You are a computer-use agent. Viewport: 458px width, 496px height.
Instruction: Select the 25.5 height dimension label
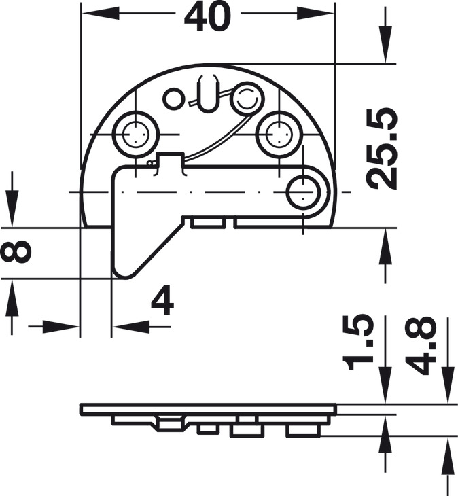pyautogui.click(x=381, y=149)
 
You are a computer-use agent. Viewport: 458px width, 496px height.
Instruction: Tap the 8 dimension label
pyautogui.click(x=16, y=252)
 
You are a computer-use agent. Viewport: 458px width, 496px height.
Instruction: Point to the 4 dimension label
pyautogui.click(x=162, y=300)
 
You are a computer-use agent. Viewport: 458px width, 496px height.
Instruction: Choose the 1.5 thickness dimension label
pyautogui.click(x=360, y=342)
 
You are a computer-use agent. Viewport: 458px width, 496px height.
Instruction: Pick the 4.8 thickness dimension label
pyautogui.click(x=421, y=345)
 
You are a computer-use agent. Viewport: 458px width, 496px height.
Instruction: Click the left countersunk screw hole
pyautogui.click(x=136, y=134)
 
